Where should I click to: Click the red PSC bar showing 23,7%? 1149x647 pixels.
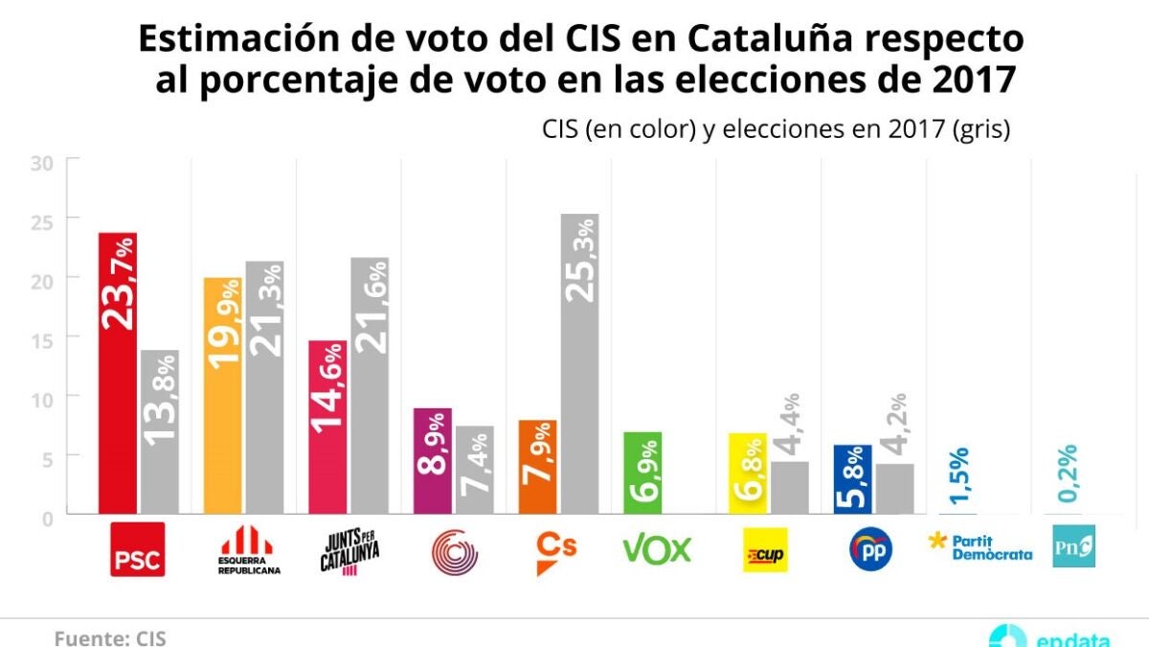click(118, 373)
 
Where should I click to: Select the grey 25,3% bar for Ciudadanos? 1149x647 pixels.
click(579, 364)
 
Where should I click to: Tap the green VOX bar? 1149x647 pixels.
click(642, 473)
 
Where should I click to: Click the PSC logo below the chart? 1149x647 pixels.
click(138, 549)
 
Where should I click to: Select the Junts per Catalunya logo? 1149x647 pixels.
click(349, 549)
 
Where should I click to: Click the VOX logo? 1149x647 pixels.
click(657, 549)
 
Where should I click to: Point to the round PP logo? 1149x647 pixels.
click(871, 549)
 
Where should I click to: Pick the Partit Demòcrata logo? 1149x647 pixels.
click(981, 547)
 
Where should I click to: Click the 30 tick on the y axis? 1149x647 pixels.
click(40, 162)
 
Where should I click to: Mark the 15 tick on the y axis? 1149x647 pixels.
click(40, 337)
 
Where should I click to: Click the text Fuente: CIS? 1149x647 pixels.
click(103, 637)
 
